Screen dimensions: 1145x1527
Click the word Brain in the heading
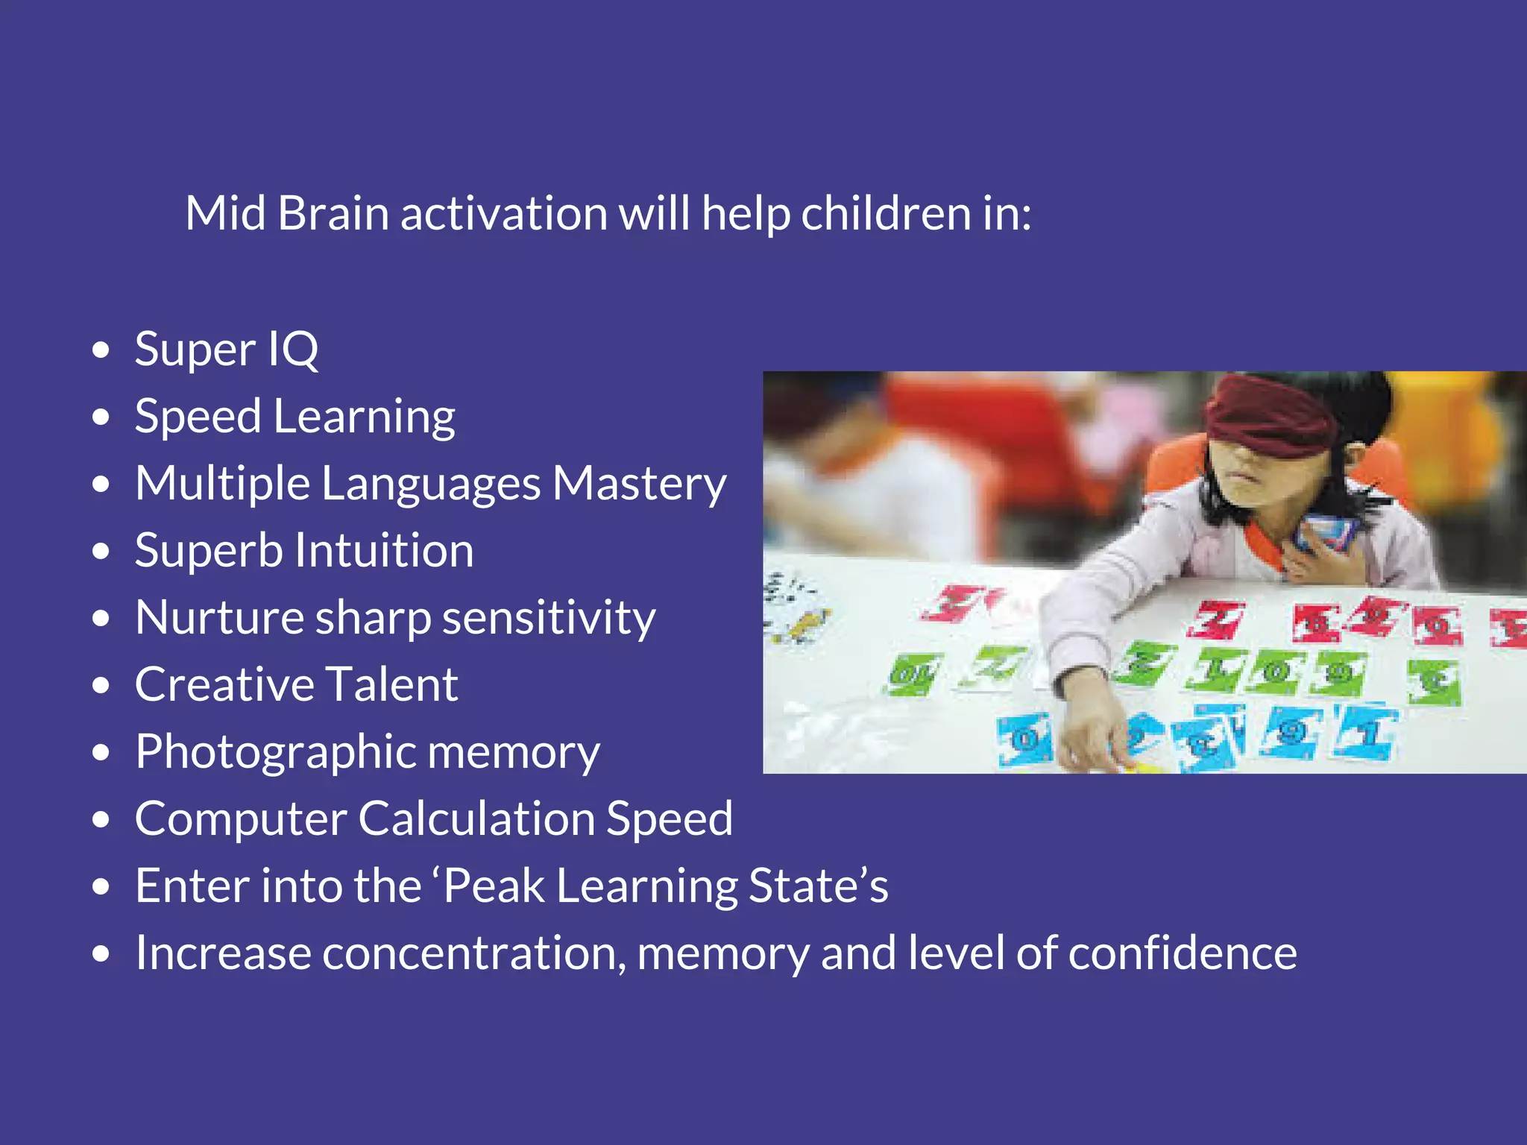333,214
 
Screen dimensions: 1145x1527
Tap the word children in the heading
886,214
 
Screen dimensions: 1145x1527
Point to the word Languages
430,485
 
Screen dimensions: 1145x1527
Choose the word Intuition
384,551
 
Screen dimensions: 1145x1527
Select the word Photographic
275,753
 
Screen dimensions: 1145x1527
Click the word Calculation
476,818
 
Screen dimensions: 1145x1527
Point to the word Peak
494,886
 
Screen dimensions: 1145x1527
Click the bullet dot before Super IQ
101,350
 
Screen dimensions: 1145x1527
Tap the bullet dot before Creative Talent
101,685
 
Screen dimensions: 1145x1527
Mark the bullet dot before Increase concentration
101,953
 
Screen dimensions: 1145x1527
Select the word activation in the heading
503,214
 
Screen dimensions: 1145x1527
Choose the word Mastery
639,485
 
